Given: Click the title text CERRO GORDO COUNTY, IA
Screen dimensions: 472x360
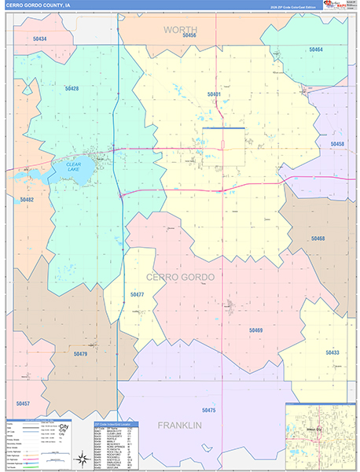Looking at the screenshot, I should pyautogui.click(x=39, y=5).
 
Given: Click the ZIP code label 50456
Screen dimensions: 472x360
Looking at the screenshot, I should pyautogui.click(x=189, y=35).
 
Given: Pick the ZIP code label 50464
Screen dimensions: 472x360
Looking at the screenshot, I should pyautogui.click(x=315, y=50).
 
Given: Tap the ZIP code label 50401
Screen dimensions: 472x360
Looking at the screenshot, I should pyautogui.click(x=214, y=94).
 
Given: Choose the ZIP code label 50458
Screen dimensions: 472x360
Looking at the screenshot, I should pyautogui.click(x=337, y=144).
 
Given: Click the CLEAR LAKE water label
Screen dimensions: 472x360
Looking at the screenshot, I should pyautogui.click(x=73, y=167).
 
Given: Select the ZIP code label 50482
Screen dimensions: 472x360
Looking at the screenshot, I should pyautogui.click(x=27, y=200).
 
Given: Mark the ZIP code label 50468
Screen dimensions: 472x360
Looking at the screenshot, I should pyautogui.click(x=318, y=238).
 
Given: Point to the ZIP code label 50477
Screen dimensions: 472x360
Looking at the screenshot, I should pyautogui.click(x=138, y=294).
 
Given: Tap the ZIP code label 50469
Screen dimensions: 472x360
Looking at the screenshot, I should pyautogui.click(x=255, y=330).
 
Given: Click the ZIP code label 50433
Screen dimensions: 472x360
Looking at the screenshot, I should pyautogui.click(x=332, y=352).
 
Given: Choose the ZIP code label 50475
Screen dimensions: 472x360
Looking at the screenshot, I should pyautogui.click(x=208, y=410).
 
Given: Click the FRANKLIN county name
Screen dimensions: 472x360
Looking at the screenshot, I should pyautogui.click(x=180, y=425).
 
